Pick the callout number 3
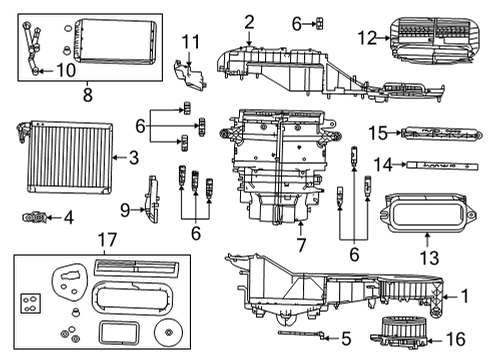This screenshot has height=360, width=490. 133,157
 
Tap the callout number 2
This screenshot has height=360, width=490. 248,21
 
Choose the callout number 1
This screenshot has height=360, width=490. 463,295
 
